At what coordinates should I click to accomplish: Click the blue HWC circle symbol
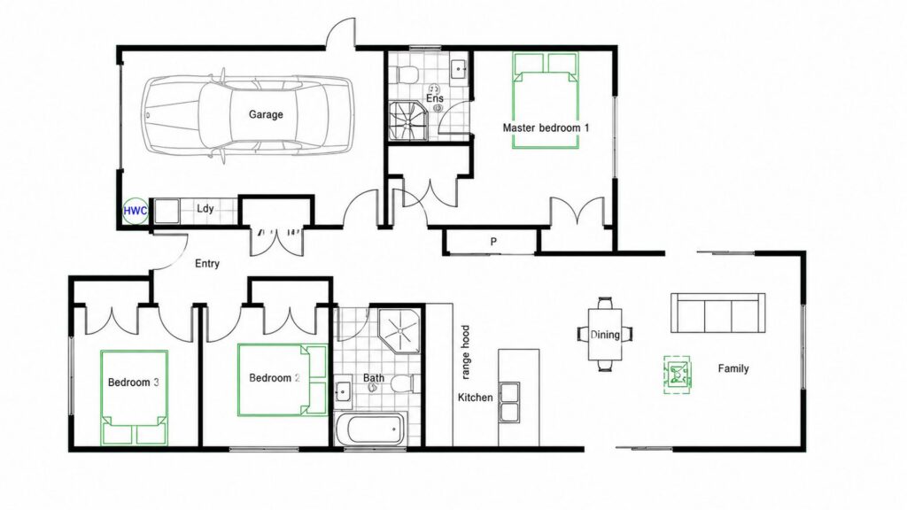[x=136, y=211]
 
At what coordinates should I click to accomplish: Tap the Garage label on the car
[x=266, y=114]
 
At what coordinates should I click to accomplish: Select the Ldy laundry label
[x=205, y=209]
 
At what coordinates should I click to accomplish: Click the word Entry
[x=207, y=264]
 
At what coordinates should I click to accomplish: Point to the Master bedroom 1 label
[x=546, y=127]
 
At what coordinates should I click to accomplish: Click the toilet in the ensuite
[x=407, y=74]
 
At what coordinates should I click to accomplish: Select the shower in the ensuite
[x=407, y=120]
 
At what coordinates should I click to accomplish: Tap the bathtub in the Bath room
[x=371, y=429]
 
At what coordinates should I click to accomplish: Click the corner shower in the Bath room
[x=399, y=330]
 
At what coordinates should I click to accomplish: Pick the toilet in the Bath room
[x=402, y=383]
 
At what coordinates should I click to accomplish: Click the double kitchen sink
[x=509, y=402]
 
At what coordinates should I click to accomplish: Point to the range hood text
[x=466, y=352]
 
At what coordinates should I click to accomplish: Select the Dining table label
[x=605, y=334]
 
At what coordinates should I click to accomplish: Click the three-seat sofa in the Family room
[x=717, y=313]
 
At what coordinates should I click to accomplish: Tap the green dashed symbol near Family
[x=677, y=375]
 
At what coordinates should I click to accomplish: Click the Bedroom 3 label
[x=133, y=382]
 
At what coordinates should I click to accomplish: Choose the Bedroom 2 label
[x=275, y=378]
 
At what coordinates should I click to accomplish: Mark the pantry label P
[x=493, y=242]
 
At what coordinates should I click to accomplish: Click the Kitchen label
[x=476, y=398]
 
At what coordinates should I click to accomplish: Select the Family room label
[x=733, y=368]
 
